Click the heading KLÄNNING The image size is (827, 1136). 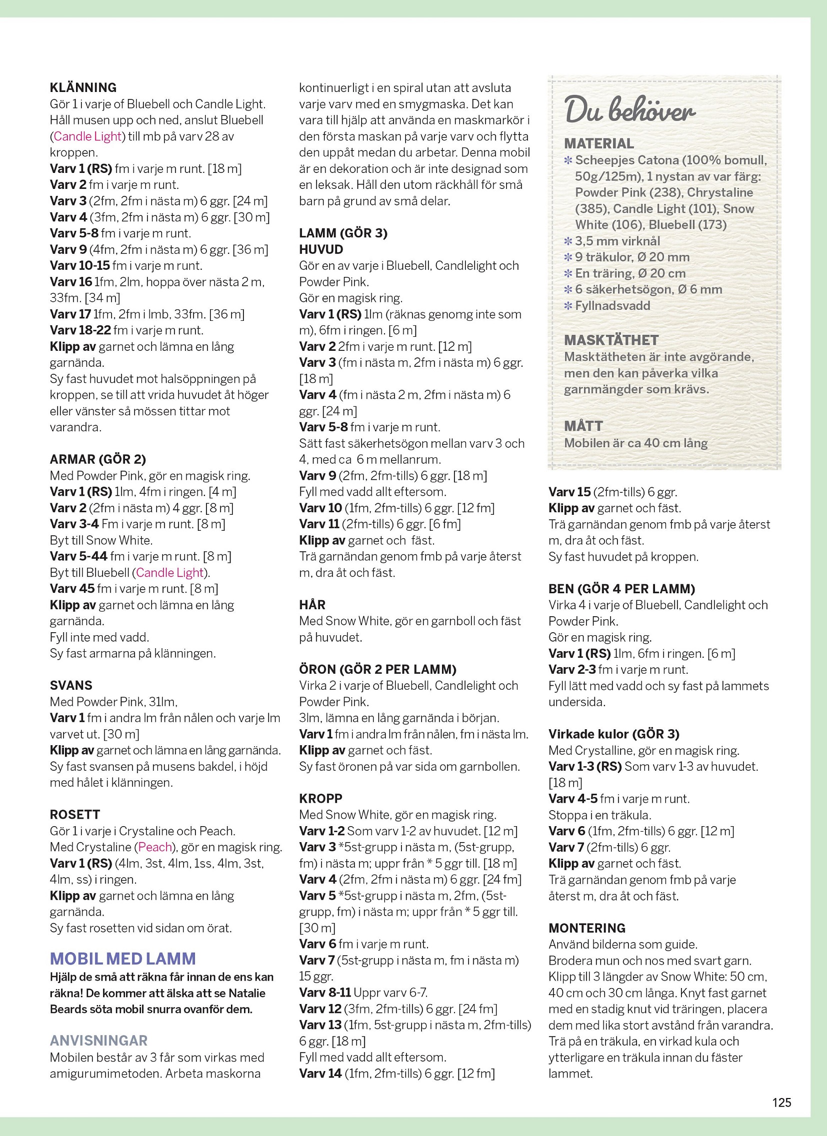[83, 87]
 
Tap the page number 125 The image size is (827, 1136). [781, 1102]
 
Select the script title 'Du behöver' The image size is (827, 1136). [629, 109]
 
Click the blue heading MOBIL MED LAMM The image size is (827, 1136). [123, 958]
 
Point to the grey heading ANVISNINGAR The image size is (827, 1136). [98, 1041]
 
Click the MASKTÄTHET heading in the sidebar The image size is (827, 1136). [611, 340]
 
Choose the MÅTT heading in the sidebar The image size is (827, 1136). [583, 426]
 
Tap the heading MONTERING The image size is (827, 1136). [587, 928]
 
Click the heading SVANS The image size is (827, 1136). [71, 685]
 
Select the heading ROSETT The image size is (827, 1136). [75, 815]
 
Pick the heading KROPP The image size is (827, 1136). [321, 799]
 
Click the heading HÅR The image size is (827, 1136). [312, 605]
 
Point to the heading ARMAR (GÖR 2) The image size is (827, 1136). [97, 459]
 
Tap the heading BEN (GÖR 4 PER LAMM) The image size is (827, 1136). [621, 589]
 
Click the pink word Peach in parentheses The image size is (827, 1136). [155, 847]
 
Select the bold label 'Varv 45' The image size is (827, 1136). [71, 589]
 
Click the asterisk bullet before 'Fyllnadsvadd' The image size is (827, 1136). [568, 305]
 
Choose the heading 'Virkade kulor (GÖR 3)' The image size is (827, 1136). [614, 734]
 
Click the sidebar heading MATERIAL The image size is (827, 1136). [599, 144]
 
